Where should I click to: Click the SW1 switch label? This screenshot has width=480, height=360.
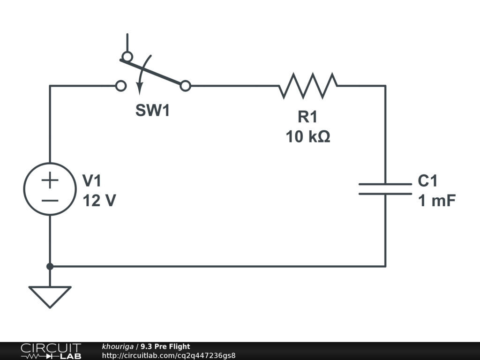pyautogui.click(x=152, y=111)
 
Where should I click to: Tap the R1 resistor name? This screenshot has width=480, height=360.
pyautogui.click(x=307, y=117)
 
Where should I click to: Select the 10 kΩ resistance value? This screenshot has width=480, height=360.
pyautogui.click(x=307, y=137)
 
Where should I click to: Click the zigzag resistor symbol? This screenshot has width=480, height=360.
pyautogui.click(x=308, y=86)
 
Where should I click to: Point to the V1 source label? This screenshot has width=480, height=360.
pyautogui.click(x=92, y=180)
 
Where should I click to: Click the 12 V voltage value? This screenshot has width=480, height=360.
pyautogui.click(x=99, y=201)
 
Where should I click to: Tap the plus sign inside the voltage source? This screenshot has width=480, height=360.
pyautogui.click(x=50, y=180)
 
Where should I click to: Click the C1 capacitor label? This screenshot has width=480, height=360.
pyautogui.click(x=427, y=180)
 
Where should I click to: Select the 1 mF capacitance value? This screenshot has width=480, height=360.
pyautogui.click(x=436, y=201)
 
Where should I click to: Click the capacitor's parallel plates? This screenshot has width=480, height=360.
pyautogui.click(x=385, y=188)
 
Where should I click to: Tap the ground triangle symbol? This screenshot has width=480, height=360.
pyautogui.click(x=50, y=295)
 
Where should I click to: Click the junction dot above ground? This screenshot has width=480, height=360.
pyautogui.click(x=50, y=266)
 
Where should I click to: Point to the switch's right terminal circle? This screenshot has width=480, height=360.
pyautogui.click(x=186, y=86)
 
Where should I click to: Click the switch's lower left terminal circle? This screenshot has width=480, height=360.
pyautogui.click(x=120, y=86)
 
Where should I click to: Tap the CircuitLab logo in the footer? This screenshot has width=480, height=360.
pyautogui.click(x=51, y=351)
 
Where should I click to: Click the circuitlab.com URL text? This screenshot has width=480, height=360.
pyautogui.click(x=169, y=355)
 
